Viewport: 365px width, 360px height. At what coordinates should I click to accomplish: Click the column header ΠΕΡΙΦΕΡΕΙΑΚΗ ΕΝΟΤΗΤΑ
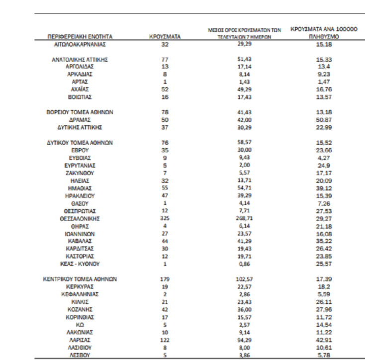[81, 37]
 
